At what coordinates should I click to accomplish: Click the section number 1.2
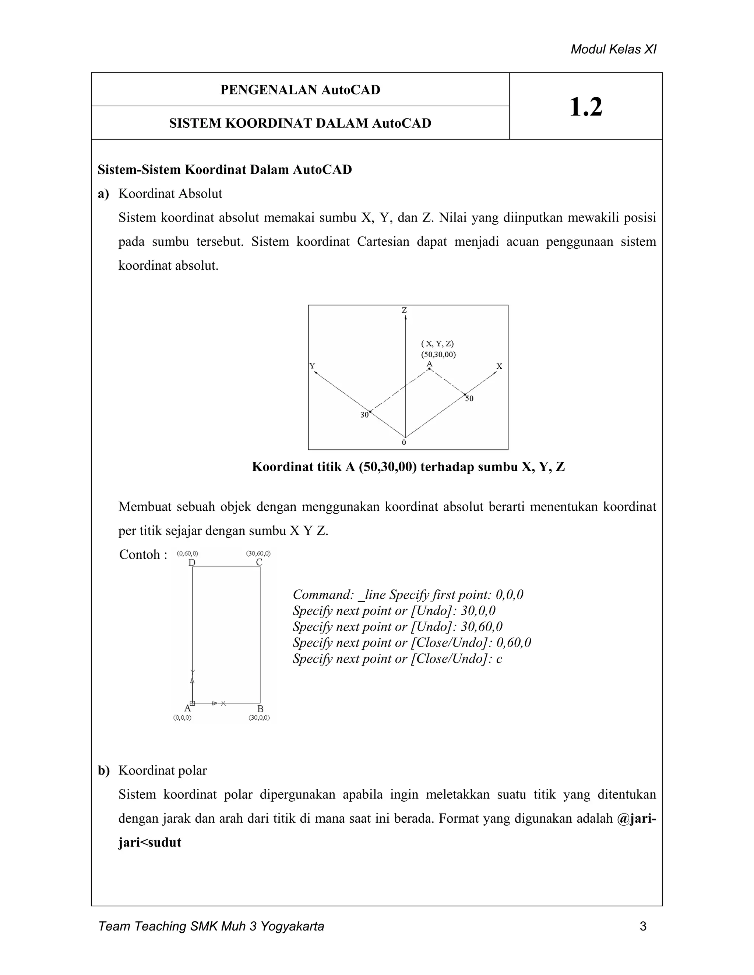tap(586, 107)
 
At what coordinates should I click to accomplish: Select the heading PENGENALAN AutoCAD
tap(300, 90)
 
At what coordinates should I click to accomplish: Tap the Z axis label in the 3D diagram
tap(404, 310)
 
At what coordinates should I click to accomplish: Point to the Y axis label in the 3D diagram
tap(312, 366)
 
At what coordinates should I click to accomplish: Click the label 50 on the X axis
tap(469, 398)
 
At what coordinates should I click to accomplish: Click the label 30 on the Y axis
tap(364, 415)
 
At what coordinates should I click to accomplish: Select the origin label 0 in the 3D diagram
tap(404, 442)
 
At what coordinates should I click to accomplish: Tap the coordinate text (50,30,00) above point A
tap(438, 354)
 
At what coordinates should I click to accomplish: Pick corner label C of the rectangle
tap(259, 563)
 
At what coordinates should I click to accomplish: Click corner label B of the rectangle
tap(260, 709)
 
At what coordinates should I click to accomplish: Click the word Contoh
tap(140, 554)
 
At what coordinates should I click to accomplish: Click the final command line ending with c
tap(398, 659)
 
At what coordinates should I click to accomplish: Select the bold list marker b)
tap(103, 770)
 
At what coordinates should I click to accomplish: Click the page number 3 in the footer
tap(643, 926)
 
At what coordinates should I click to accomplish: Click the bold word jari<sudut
tap(149, 843)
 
